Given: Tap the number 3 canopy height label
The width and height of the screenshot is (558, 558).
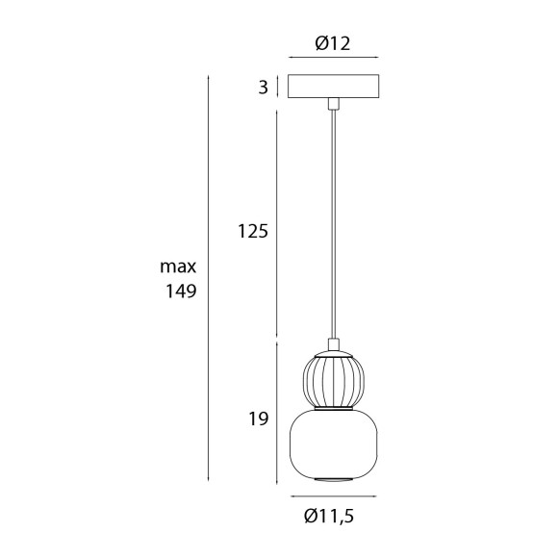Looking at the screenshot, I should [262, 88].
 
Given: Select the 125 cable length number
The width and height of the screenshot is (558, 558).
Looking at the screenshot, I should [252, 231].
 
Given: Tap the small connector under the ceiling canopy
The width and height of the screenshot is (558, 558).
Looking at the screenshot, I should [332, 102].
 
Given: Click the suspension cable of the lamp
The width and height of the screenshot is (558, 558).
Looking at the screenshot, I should [332, 221].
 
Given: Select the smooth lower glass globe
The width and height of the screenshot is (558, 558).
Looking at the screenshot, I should [332, 443].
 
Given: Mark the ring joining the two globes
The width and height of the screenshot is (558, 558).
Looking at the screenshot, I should [332, 408].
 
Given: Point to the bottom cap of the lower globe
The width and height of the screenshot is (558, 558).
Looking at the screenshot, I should [332, 477].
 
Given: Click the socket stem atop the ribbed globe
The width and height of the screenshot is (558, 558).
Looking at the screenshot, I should [332, 347].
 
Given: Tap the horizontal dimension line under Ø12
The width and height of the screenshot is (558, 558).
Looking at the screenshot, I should [332, 59].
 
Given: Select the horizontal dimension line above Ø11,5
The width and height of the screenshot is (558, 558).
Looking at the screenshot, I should [332, 496].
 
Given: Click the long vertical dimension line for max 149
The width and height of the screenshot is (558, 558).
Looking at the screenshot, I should [209, 279].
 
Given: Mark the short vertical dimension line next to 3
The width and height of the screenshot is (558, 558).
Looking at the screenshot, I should [278, 88].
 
